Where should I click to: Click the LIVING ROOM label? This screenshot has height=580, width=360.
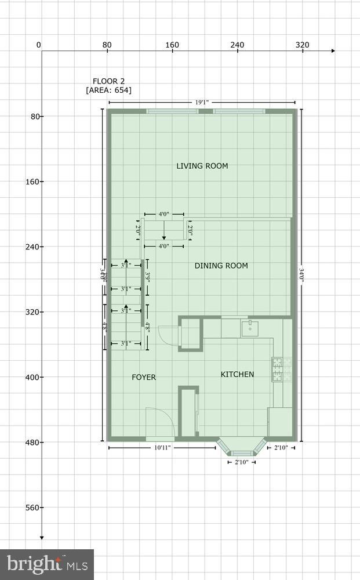202,166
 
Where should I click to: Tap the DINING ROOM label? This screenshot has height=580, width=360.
221,266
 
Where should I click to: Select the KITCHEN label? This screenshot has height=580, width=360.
237,374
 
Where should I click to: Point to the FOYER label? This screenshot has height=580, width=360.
144,377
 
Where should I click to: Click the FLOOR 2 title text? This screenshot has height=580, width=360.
108,81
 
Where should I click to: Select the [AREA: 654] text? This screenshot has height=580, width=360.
108,90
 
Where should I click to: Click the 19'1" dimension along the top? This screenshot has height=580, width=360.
202,102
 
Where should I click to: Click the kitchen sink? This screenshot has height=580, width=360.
250,328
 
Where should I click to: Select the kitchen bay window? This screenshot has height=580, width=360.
241,448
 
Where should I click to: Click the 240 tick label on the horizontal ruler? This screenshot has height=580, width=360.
237,45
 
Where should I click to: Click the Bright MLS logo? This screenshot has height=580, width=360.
47,564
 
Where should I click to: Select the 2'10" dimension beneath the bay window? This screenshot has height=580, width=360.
241,462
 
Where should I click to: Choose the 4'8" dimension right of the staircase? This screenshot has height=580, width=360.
148,326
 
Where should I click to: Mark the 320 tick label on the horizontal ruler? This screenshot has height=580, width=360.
302,45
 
